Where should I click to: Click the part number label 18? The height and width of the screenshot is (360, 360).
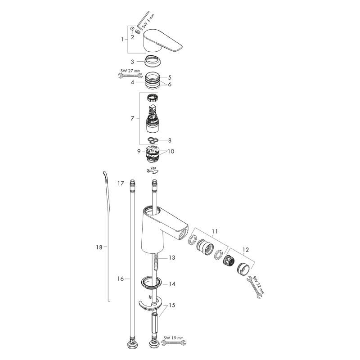pyautogui.click(x=99, y=247)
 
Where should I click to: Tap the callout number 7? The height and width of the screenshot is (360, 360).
pyautogui.click(x=132, y=118)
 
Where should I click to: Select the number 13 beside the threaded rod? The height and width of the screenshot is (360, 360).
pyautogui.click(x=172, y=257)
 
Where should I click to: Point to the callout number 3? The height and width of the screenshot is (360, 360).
pyautogui.click(x=132, y=62)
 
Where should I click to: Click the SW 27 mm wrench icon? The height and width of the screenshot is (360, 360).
pyautogui.click(x=130, y=75)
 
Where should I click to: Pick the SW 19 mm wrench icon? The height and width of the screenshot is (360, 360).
pyautogui.click(x=174, y=343)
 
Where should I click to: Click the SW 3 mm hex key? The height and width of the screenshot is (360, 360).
pyautogui.click(x=143, y=21)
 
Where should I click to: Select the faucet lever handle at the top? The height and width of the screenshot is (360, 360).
pyautogui.click(x=162, y=40)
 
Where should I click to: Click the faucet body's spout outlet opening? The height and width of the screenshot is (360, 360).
pyautogui.click(x=183, y=234)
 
